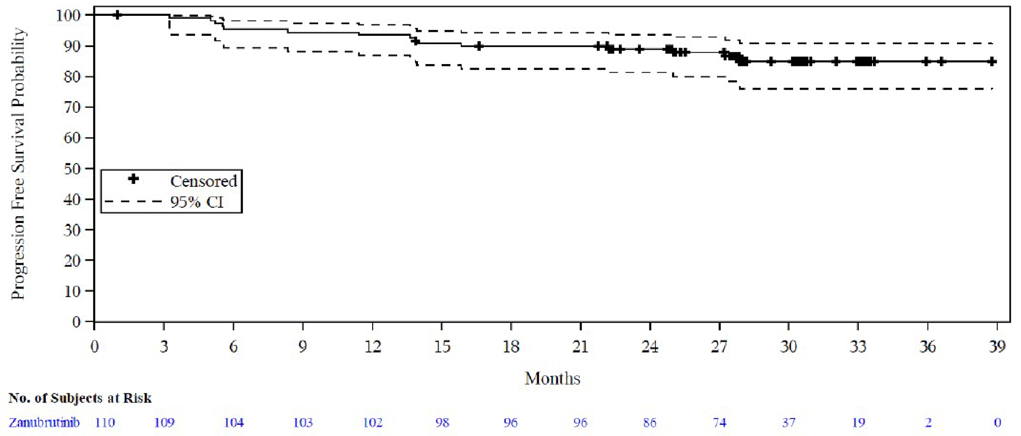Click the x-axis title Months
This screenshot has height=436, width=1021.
point(552,378)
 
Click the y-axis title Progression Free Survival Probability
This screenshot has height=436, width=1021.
point(18,163)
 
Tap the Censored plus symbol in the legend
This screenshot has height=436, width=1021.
point(133,179)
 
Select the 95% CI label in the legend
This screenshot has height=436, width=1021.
point(197,202)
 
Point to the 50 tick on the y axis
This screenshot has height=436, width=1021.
point(71,169)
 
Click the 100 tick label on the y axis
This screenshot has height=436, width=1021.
point(67,15)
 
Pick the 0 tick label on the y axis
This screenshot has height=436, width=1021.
point(76,322)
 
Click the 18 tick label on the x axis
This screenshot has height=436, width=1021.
point(510,346)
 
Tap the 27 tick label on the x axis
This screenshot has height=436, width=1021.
point(719,346)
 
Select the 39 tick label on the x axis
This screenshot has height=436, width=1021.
point(997,346)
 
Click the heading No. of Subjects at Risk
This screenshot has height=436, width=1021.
point(80,398)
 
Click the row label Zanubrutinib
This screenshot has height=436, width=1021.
point(44,422)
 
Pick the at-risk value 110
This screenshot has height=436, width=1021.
point(105,422)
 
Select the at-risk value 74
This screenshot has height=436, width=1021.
point(719,422)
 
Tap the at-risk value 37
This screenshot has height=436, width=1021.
point(788,422)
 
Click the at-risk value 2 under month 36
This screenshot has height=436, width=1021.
point(927,422)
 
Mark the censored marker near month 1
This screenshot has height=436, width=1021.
point(117,15)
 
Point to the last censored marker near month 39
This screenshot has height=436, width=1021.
point(992,61)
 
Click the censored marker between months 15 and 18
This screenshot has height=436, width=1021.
point(479,46)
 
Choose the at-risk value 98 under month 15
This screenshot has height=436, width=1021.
point(442,422)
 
